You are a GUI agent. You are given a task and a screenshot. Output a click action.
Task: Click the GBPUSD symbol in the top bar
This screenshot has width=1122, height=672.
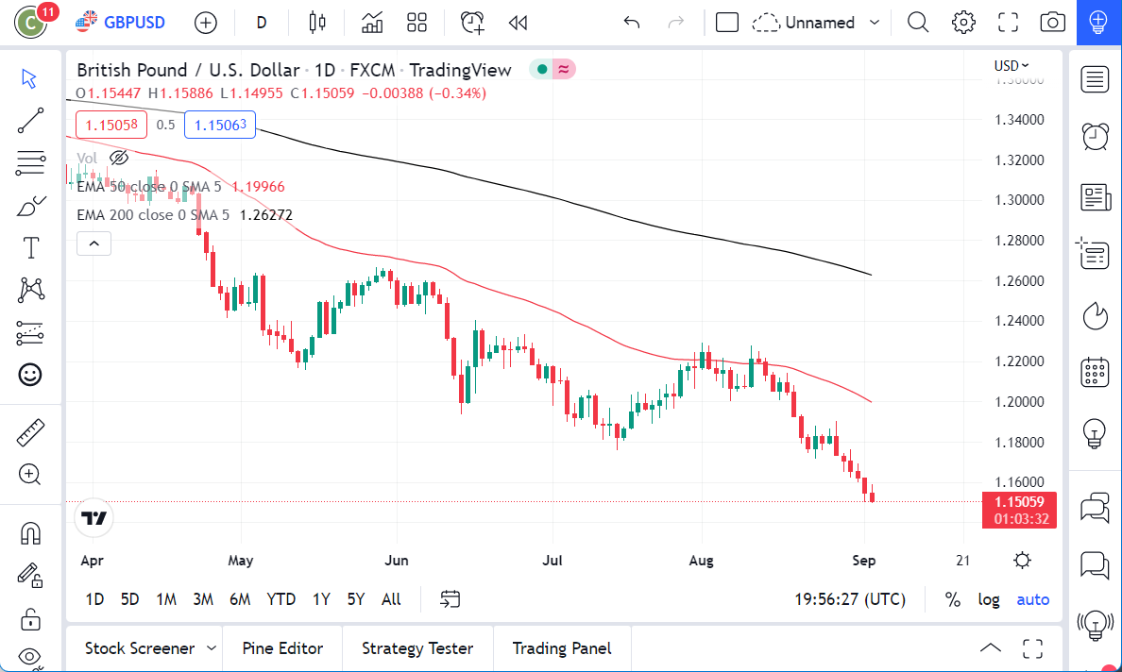[132, 22]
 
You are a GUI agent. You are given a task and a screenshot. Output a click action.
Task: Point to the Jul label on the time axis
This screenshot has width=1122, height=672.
[552, 561]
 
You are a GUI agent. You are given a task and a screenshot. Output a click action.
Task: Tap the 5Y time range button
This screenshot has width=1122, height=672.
[355, 599]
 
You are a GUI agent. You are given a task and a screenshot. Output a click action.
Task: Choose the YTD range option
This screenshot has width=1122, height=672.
[280, 599]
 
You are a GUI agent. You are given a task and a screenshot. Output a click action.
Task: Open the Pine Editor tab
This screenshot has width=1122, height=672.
[282, 648]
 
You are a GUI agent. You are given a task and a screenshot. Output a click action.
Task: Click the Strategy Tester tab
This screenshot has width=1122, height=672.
[417, 648]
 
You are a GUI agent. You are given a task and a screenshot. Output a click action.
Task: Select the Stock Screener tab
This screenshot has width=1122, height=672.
[140, 648]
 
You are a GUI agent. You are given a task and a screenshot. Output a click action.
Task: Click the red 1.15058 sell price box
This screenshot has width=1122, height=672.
[111, 125]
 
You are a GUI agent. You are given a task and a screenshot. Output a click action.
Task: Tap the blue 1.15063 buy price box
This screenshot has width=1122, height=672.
[220, 125]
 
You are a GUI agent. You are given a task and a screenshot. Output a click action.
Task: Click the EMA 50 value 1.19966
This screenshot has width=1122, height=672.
[258, 187]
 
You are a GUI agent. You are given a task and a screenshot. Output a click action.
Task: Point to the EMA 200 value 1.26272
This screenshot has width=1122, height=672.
[265, 215]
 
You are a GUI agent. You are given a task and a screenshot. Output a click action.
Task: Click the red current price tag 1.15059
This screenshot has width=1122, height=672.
[1019, 502]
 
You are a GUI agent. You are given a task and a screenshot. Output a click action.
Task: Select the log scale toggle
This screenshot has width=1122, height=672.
[989, 599]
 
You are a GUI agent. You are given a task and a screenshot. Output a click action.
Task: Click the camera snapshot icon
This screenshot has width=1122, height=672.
[1052, 23]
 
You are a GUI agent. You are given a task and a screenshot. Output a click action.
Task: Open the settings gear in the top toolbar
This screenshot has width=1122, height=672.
[963, 23]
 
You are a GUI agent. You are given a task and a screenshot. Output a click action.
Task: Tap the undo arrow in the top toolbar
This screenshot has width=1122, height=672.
[632, 23]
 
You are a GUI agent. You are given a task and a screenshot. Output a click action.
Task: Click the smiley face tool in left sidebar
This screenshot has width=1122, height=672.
[30, 375]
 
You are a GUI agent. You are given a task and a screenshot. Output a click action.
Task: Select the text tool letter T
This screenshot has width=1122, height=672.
[30, 248]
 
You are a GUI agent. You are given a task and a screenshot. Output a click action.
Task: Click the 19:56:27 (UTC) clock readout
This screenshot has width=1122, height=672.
[850, 599]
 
